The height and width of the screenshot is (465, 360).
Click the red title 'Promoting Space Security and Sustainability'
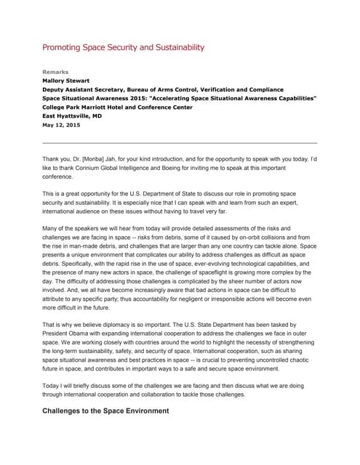123,48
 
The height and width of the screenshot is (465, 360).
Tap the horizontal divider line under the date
180,142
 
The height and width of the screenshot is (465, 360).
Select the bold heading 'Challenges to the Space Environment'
105,411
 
